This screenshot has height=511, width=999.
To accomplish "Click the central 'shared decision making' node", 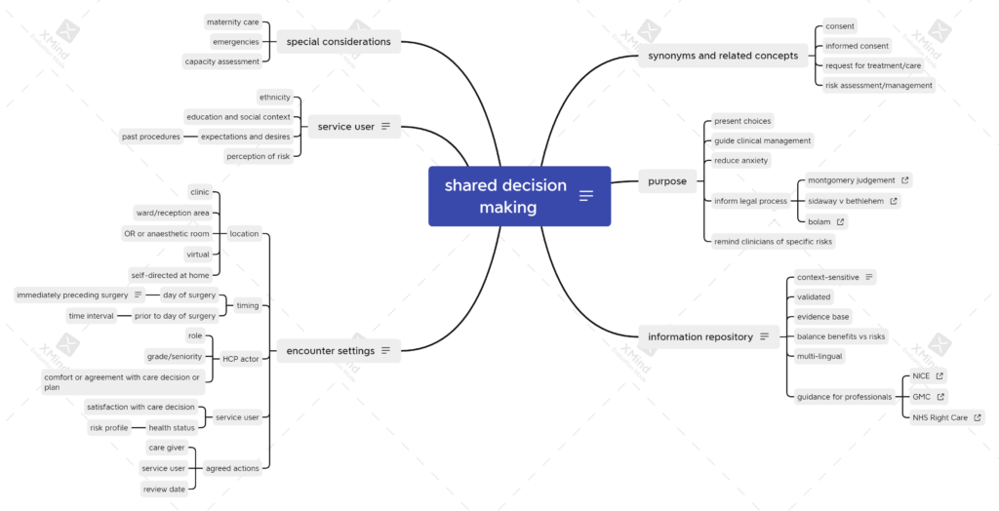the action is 519,196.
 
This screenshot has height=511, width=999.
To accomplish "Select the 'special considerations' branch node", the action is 339,41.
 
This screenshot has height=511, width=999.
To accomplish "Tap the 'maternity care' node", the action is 232,22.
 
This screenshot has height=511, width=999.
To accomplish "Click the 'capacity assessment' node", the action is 221,61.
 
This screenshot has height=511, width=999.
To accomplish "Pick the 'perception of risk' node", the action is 258,156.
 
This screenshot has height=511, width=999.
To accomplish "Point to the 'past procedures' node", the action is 151,137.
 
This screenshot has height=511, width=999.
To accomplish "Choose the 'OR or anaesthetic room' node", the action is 166,234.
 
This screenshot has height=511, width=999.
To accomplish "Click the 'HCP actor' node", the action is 240,359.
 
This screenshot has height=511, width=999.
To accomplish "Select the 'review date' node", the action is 164,490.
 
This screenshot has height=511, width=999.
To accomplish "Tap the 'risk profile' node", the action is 109,427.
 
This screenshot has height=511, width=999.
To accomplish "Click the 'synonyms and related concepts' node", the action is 723,56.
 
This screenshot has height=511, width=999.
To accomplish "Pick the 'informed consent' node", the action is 857,46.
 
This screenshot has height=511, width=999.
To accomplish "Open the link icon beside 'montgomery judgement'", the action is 904,180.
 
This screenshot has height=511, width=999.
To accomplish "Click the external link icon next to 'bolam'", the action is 840,221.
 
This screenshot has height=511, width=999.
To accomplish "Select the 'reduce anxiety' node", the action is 741,161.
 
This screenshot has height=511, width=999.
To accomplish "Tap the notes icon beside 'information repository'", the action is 765,336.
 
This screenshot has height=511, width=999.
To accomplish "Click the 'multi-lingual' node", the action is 819,356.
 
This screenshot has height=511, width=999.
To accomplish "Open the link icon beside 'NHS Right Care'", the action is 978,418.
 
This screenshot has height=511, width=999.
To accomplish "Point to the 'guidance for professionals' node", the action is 844,397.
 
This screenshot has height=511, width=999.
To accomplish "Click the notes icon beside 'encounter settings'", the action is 385,350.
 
